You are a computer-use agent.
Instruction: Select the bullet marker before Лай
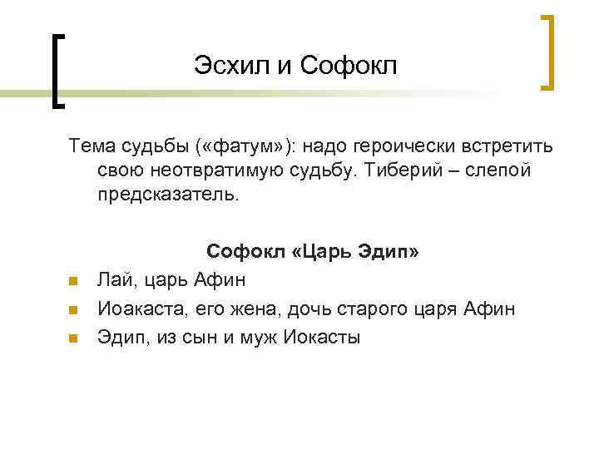[72, 279]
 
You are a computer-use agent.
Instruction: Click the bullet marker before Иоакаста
[72, 309]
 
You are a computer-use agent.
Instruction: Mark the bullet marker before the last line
[72, 339]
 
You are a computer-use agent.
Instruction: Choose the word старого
[368, 308]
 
